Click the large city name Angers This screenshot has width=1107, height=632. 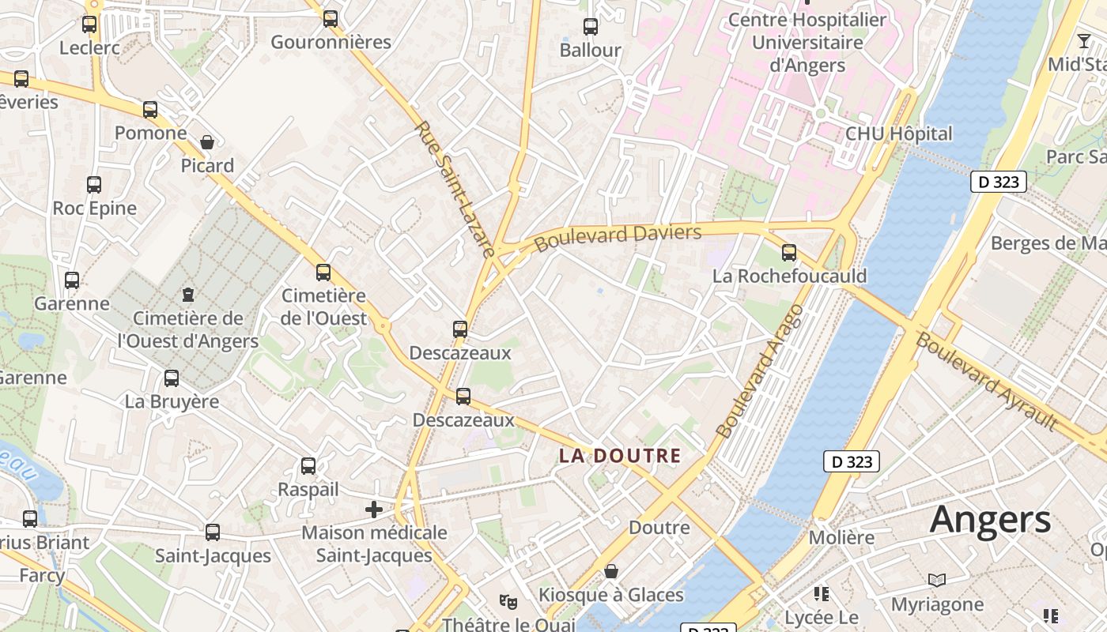point(990,520)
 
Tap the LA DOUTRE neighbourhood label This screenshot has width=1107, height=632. point(620,456)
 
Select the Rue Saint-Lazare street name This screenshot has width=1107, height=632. point(455,189)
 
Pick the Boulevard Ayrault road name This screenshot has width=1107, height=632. point(986,382)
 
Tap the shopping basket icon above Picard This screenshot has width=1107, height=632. point(207,142)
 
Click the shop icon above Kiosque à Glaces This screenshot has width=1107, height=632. point(611,570)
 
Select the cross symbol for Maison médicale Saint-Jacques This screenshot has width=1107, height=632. point(374,510)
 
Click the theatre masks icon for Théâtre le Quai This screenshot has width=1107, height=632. point(508,602)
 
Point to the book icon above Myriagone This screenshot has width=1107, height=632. point(937,581)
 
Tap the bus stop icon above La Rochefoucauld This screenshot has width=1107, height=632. point(789,253)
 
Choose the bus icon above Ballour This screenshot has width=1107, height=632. point(591,27)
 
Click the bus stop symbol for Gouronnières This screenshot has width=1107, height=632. point(331,18)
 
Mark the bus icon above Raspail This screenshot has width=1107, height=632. point(308,466)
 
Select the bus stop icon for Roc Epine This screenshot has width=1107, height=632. point(94,185)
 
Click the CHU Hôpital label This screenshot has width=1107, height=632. point(899,134)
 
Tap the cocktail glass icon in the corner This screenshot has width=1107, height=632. point(1083,41)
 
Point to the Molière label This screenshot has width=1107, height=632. point(841,538)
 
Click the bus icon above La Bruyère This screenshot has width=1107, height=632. point(172,378)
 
